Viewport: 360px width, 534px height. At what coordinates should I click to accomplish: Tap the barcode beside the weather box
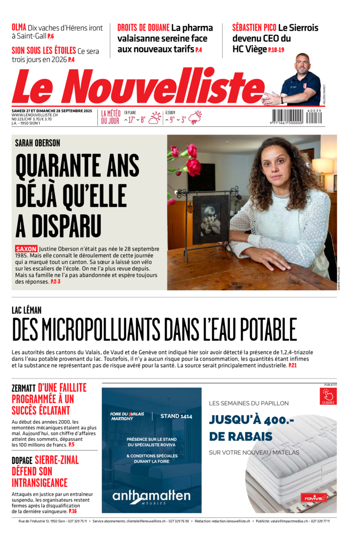tap(297, 117)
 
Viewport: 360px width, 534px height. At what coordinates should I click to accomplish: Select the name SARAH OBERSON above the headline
tap(37, 143)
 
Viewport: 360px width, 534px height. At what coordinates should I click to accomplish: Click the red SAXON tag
tap(26, 249)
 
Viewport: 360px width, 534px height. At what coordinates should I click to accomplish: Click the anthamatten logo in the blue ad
tap(151, 496)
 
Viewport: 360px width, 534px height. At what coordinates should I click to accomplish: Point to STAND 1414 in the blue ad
tap(176, 416)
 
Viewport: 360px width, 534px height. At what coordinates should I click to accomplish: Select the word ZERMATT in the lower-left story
tap(24, 388)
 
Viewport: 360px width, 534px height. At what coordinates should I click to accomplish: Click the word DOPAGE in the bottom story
tap(22, 460)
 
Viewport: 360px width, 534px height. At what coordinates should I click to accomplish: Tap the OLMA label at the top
tap(19, 27)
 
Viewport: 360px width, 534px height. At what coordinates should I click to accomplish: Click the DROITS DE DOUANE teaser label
tap(143, 28)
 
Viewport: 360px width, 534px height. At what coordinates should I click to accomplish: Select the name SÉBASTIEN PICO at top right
tap(254, 28)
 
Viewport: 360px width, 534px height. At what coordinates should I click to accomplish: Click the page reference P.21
tap(293, 365)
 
